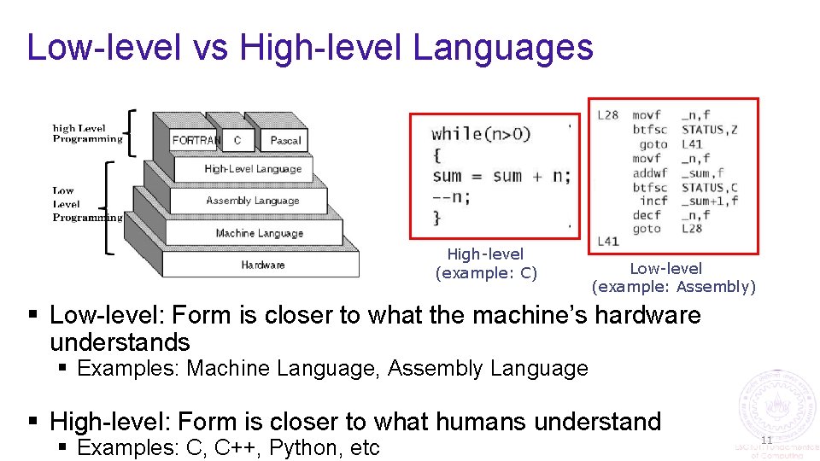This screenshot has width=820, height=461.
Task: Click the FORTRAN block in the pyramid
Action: coord(196,140)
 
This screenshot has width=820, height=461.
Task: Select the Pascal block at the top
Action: coord(285,140)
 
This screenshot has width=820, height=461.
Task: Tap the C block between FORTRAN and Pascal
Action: coord(237,140)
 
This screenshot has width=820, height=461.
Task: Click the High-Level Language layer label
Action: coord(253,169)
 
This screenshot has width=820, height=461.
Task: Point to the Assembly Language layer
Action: coord(253,201)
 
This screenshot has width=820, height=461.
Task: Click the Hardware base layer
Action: coord(263,265)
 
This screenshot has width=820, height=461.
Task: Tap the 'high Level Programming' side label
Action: coord(87,133)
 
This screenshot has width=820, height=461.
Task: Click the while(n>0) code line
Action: coord(481,133)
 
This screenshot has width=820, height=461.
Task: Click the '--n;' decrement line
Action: coord(452,196)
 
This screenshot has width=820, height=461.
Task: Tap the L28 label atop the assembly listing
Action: coord(608,115)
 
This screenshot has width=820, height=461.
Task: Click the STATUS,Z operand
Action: coord(709,130)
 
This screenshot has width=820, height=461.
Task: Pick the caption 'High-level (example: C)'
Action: coord(486,264)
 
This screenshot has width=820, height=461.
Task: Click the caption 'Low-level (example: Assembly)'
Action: coord(674,278)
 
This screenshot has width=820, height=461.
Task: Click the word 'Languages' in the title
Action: coord(503,47)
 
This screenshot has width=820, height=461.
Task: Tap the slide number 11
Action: coord(766,440)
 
